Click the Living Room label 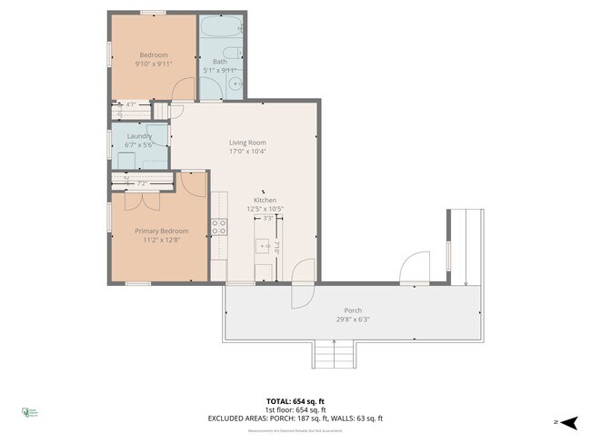(x=247, y=143)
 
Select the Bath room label (x=220, y=62)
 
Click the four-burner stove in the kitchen (x=219, y=228)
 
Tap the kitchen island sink (x=264, y=246)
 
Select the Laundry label (x=139, y=136)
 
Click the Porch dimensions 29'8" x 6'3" (x=353, y=320)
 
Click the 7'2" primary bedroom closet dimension (x=142, y=183)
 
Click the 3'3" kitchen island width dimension (x=267, y=219)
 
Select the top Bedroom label (x=154, y=55)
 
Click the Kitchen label (x=265, y=200)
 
